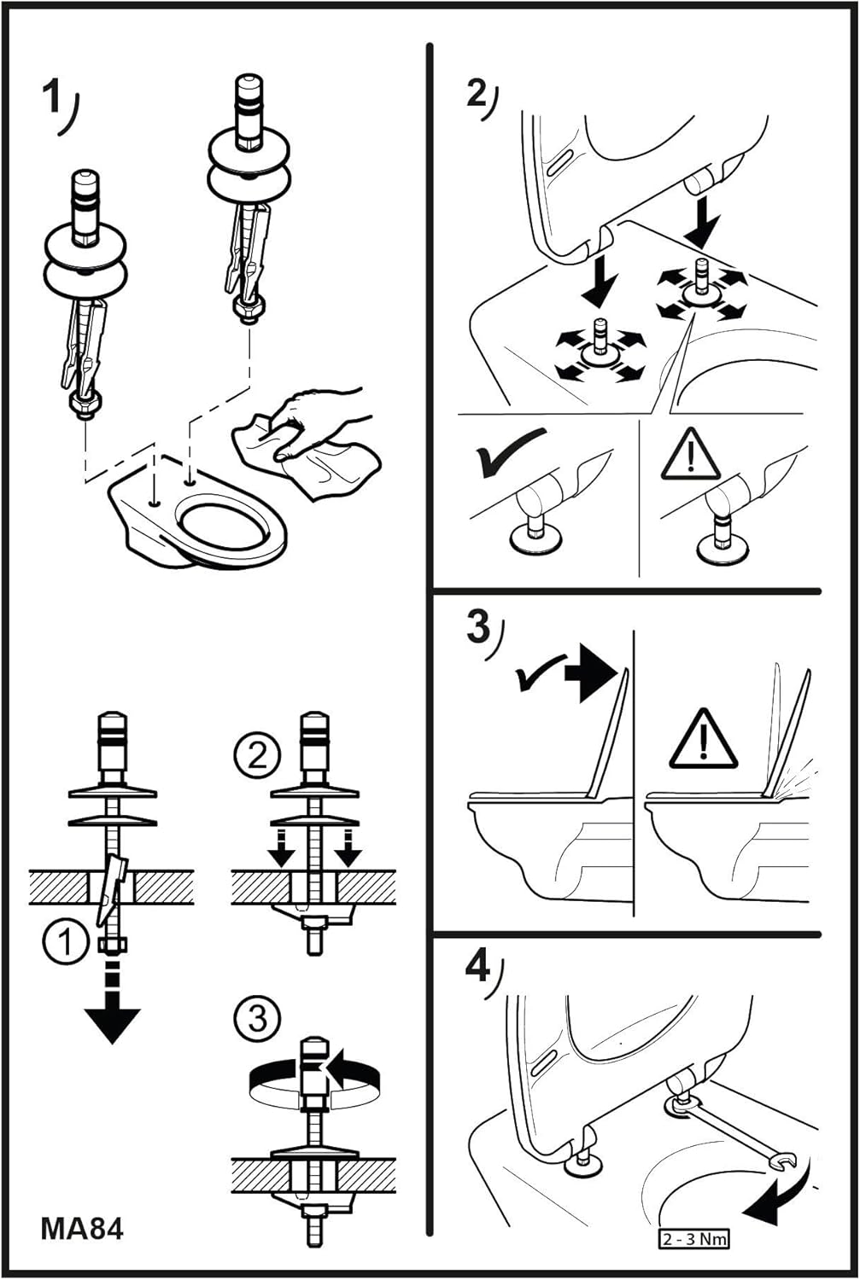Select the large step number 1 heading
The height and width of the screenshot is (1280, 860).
pyautogui.click(x=52, y=98)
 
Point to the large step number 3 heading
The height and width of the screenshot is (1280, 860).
pyautogui.click(x=478, y=627)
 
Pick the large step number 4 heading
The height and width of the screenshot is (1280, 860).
pyautogui.click(x=478, y=969)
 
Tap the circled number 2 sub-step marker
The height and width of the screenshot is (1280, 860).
pyautogui.click(x=257, y=756)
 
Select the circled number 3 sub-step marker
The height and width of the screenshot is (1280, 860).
pyautogui.click(x=257, y=1018)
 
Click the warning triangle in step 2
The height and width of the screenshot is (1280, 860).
pyautogui.click(x=690, y=456)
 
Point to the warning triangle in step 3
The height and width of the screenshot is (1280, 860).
pyautogui.click(x=703, y=739)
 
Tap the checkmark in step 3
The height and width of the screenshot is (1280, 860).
pyautogui.click(x=537, y=674)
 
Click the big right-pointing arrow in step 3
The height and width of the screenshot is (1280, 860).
pyautogui.click(x=592, y=672)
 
